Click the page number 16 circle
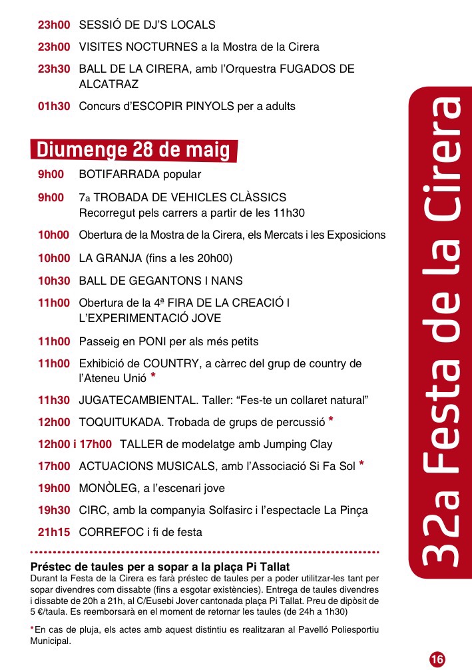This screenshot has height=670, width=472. pos(437,659)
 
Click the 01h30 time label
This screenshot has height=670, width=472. pos(53,106)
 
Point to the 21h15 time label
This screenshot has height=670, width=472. pos(53,532)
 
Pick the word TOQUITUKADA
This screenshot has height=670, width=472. pos(122,423)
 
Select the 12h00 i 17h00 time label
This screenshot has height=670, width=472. pos(75,444)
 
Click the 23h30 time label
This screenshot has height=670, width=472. pos(53,69)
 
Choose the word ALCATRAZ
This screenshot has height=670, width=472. pos(109,85)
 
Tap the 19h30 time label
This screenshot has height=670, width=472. pos(53,510)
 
